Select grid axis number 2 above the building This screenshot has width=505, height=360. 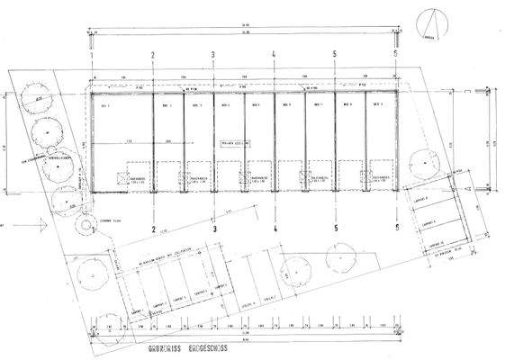tap(153, 56)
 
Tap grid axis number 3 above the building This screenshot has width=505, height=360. tap(213, 56)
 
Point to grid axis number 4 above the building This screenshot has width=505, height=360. tap(274, 56)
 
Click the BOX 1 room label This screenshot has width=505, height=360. tap(104, 106)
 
